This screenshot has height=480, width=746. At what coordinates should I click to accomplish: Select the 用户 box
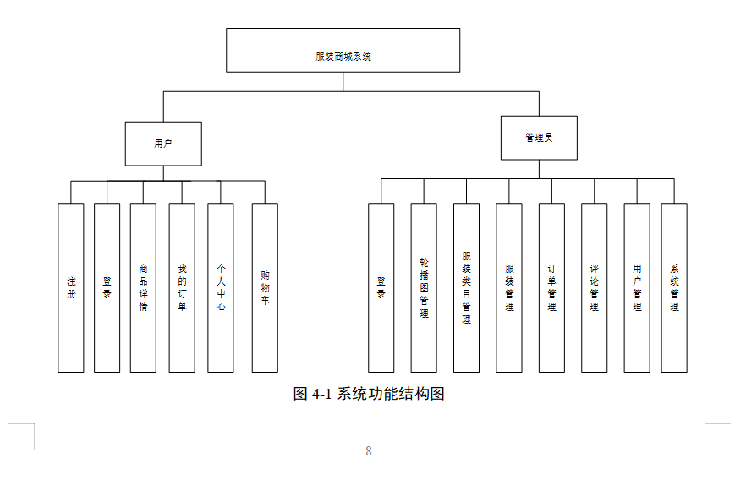coord(163,144)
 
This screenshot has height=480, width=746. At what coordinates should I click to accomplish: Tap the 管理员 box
coord(539,138)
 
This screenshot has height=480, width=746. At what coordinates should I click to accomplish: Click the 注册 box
coord(71,287)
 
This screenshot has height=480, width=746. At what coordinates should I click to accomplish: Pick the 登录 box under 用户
coord(107,287)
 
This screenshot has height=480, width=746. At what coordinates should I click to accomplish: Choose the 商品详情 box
coord(143,287)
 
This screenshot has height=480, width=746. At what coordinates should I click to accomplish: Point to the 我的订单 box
coord(182,287)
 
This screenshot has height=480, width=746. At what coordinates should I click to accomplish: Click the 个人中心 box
coord(220,287)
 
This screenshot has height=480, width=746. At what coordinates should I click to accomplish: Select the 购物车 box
coord(265,287)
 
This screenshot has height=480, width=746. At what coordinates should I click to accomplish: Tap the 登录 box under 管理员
coord(381,287)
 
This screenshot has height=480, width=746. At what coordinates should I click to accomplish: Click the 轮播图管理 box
coord(424,287)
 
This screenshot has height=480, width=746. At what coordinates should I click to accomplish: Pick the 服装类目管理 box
coord(466,287)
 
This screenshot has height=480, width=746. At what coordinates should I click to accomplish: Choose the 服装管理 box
coord(509,287)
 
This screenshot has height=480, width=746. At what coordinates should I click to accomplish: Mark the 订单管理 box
coord(551,287)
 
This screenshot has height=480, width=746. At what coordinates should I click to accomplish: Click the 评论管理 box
coord(594,287)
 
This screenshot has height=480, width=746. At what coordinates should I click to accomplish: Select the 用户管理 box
coord(637,287)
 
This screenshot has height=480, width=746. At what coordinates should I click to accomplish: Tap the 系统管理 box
coord(674,287)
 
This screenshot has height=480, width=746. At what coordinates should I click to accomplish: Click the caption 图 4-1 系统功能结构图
coord(369,394)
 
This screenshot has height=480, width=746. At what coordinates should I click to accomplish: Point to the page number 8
coord(369,451)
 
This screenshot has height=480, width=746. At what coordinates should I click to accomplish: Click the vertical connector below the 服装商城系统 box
coord(343,82)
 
